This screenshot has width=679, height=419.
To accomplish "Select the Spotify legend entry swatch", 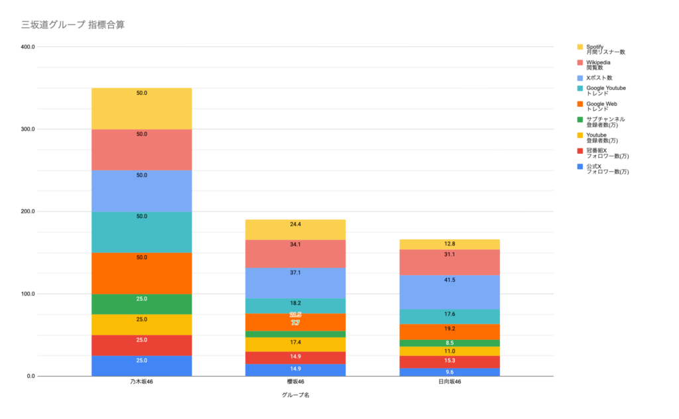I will coord(580,47).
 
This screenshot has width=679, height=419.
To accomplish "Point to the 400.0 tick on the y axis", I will coord(27,47).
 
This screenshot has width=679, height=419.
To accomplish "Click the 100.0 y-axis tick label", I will coord(27,294).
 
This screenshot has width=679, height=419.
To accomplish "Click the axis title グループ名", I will coord(296,395).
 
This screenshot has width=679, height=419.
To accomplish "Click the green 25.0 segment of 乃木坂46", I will coord(142,305).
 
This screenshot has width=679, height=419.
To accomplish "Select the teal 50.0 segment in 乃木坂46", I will coord(142,232).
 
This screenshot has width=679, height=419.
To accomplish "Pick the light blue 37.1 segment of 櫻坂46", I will coord(296,283).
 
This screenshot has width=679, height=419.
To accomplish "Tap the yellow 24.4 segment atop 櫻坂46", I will coord(296,229).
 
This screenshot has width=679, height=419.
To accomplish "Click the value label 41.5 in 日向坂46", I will coord(450,280).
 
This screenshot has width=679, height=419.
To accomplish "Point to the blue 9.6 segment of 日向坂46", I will coord(450,373).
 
